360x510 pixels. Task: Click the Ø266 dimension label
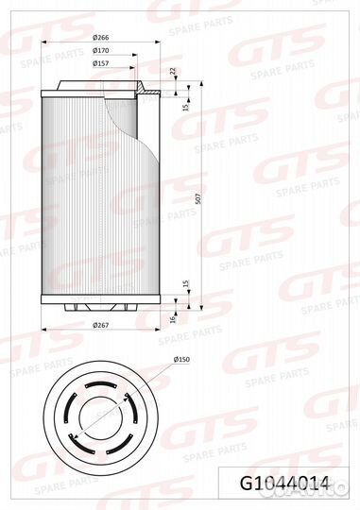(x=100, y=38)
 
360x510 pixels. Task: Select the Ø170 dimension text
(x=100, y=50)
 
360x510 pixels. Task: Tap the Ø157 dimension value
(x=100, y=63)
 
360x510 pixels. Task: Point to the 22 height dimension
(x=173, y=71)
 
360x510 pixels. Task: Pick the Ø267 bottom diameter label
(x=100, y=325)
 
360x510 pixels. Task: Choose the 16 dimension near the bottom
(x=173, y=319)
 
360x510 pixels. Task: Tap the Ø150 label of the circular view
(x=181, y=360)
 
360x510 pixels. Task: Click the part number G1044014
(x=284, y=484)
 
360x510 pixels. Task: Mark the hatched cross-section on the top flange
(x=141, y=88)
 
